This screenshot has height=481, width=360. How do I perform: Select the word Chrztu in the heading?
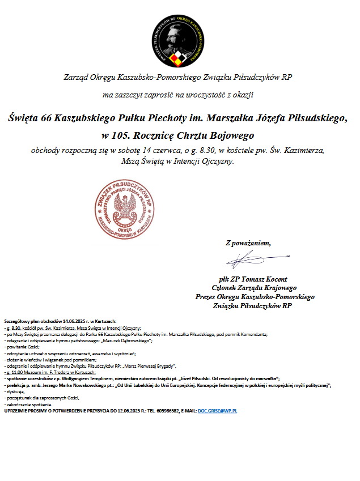pos(194,135)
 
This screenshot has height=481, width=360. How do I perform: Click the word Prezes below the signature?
pos(206,296)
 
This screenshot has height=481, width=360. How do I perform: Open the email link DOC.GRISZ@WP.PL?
pos(217,410)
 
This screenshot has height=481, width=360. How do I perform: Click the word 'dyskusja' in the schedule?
pos(15,391)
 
